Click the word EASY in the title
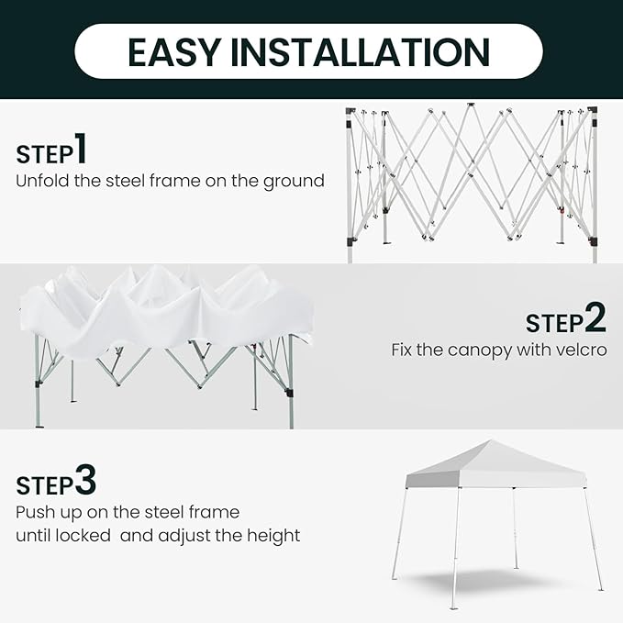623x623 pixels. click(x=174, y=52)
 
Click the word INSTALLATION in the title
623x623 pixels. click(x=360, y=52)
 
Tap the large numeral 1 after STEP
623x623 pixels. click(x=81, y=149)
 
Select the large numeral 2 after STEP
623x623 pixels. click(x=596, y=317)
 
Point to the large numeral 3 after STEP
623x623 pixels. click(x=85, y=480)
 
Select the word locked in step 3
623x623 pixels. click(x=83, y=535)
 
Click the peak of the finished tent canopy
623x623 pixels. click(x=491, y=440)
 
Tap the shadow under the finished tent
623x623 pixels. click(x=493, y=581)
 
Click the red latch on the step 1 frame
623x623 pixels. click(x=562, y=210)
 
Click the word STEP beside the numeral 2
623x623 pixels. click(x=555, y=323)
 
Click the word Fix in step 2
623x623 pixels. click(x=403, y=350)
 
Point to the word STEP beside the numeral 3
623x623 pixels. click(x=45, y=486)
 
